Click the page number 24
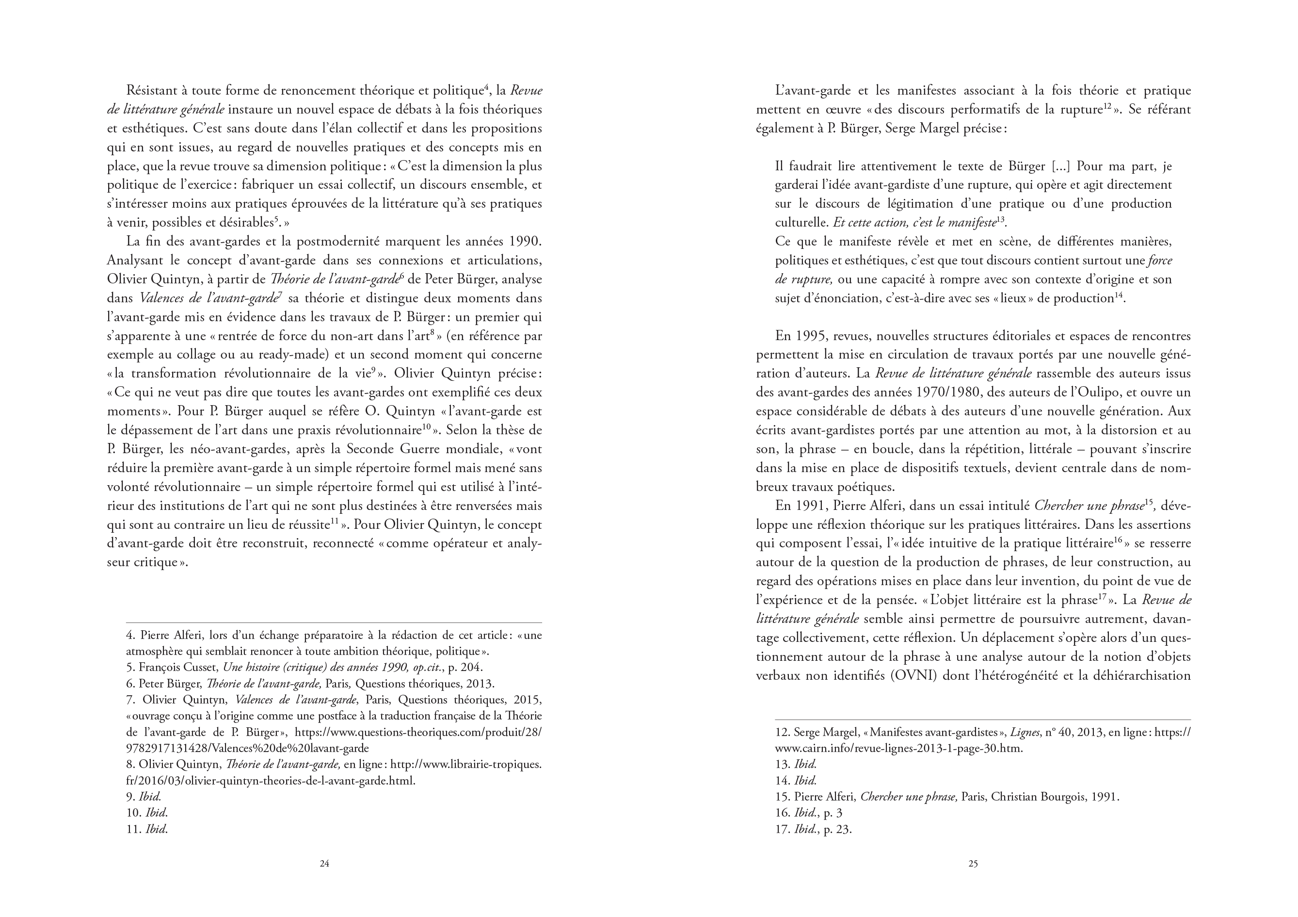324,863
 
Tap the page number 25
973,863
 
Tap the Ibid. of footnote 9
150,797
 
